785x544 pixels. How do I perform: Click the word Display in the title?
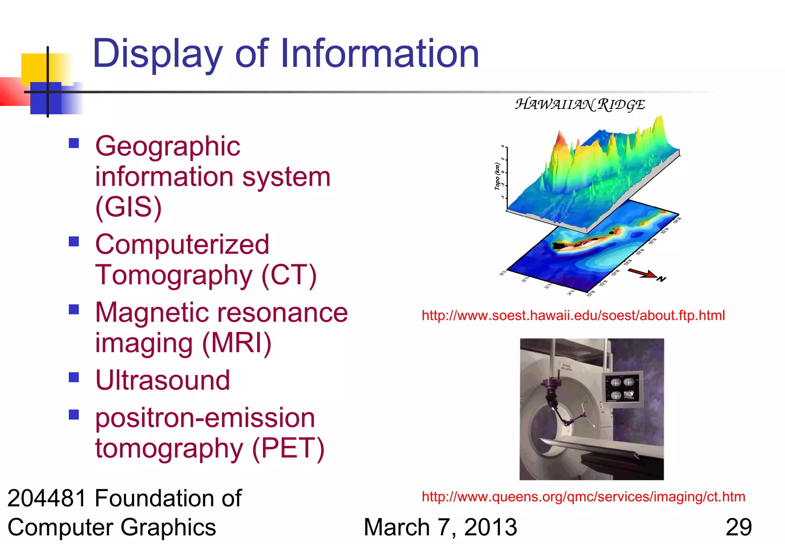[x=157, y=54]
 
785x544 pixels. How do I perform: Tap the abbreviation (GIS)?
[x=128, y=207]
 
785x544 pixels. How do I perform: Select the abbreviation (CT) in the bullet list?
[x=289, y=275]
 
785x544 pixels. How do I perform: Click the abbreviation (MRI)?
[x=237, y=343]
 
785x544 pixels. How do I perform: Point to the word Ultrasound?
[x=163, y=380]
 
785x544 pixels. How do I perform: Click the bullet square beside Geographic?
[x=74, y=143]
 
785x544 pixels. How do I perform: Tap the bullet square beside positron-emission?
[x=74, y=414]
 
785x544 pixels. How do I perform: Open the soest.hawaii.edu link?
[x=573, y=315]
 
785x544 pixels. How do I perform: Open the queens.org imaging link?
[x=583, y=497]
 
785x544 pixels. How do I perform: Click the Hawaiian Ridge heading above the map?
[x=580, y=104]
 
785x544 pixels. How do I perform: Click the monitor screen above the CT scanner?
[x=622, y=388]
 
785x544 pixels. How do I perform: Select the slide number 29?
[x=738, y=528]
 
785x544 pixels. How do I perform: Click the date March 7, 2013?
[x=440, y=528]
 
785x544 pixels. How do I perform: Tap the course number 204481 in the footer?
[x=47, y=499]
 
